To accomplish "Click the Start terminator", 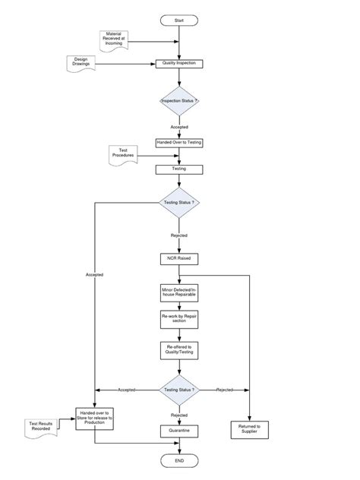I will (178, 19).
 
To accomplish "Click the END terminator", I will (178, 461).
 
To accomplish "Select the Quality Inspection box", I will (178, 64).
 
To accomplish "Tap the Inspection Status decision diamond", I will (178, 100).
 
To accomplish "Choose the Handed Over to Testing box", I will (178, 142).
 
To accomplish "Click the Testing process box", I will (178, 168).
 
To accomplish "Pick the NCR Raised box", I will (178, 258).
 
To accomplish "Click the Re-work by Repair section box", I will (178, 320).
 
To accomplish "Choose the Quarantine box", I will (178, 430).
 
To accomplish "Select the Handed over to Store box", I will (94, 417).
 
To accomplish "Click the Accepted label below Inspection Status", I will (178, 127).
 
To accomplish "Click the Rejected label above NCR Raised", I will (178, 235).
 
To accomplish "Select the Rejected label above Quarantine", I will (178, 415).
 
